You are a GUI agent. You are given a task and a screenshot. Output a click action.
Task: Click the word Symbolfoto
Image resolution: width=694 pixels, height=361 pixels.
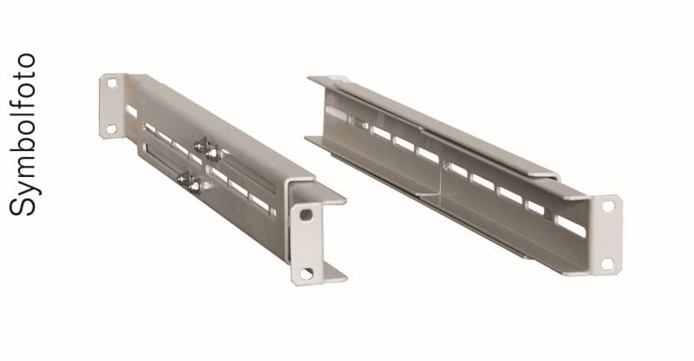(23, 135)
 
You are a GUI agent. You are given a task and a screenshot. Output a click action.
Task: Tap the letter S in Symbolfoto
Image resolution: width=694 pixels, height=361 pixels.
(23, 207)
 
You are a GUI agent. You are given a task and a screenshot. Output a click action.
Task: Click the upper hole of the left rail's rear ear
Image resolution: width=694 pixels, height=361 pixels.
(112, 82)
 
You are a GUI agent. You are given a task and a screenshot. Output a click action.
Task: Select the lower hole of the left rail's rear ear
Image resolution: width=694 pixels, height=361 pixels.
(112, 129)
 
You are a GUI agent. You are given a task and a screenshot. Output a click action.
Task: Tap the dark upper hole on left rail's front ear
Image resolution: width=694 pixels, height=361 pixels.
(306, 215)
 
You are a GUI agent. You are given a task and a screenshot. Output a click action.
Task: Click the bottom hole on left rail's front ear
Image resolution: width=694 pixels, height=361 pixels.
(306, 273)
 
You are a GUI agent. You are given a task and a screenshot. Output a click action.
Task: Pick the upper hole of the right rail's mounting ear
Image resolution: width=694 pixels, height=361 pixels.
(609, 207)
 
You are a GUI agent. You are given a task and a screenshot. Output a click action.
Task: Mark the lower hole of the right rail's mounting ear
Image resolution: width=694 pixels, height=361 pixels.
(606, 264)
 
